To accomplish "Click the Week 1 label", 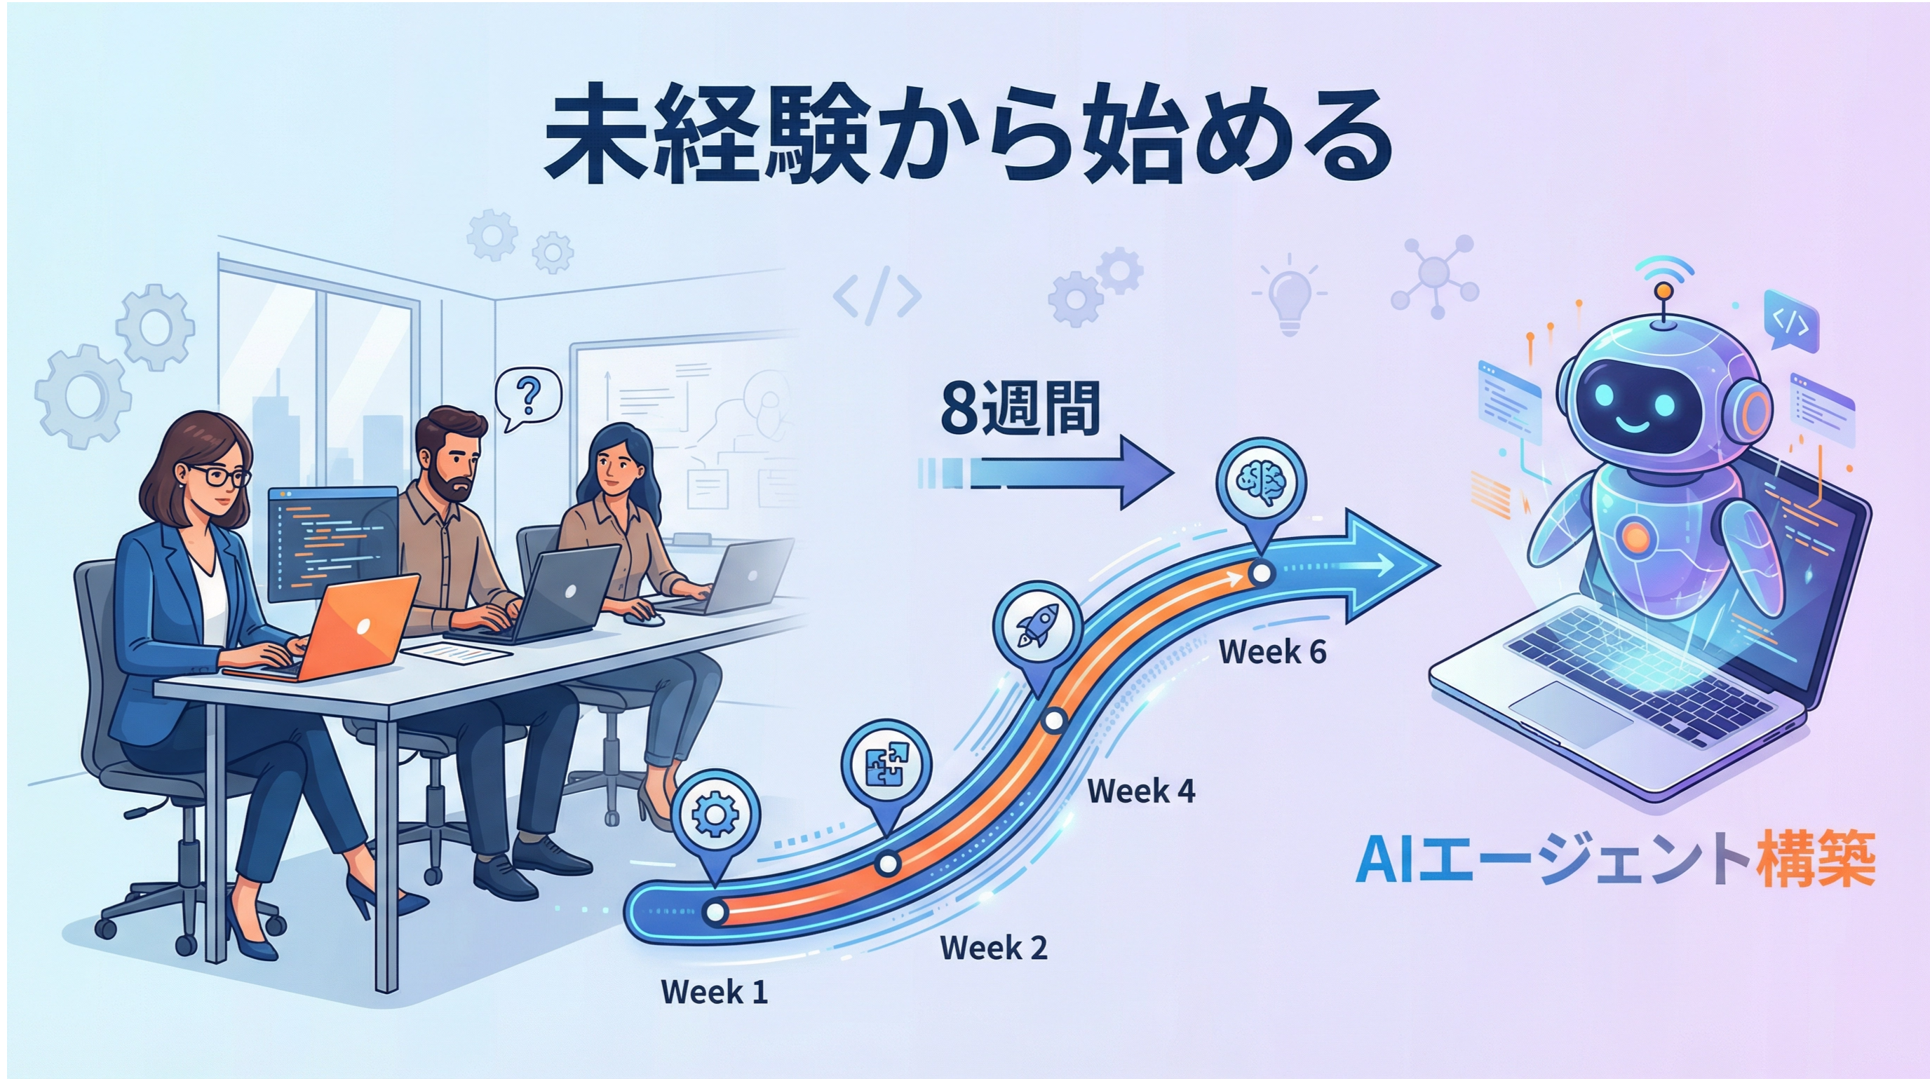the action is pyautogui.click(x=714, y=992).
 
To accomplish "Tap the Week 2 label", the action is pyautogui.click(x=994, y=948).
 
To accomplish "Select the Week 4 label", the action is pyautogui.click(x=1141, y=790).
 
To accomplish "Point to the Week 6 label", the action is pyautogui.click(x=1272, y=652).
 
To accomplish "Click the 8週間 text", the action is pyautogui.click(x=1020, y=409).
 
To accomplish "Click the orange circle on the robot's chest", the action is pyautogui.click(x=1635, y=536).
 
